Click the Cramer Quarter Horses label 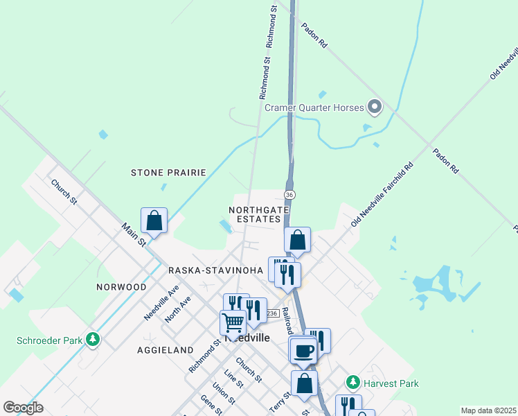tap(312, 107)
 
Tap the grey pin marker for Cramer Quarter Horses tap(375, 107)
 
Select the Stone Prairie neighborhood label tap(168, 172)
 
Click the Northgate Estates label tap(255, 214)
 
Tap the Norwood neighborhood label tap(120, 286)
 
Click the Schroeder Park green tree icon tap(91, 340)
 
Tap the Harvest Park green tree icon tap(353, 383)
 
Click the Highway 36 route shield tap(290, 196)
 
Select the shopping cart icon tap(233, 322)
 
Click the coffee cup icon tap(303, 350)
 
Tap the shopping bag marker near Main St tap(154, 220)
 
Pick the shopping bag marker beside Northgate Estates tap(297, 240)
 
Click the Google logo tap(22, 408)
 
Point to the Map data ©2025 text tap(488, 410)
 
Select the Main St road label tap(133, 234)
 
